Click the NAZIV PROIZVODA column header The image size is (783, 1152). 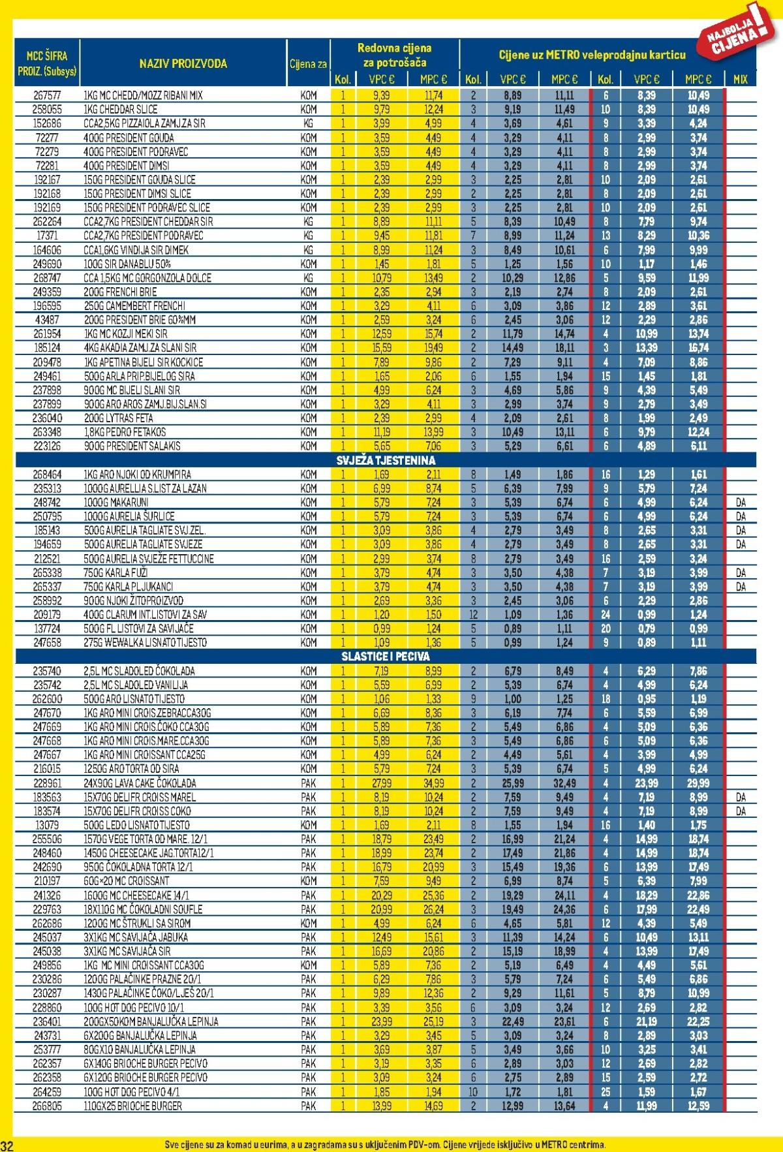(183, 63)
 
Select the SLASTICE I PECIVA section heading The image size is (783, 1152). (385, 657)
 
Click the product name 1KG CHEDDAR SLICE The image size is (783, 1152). (120, 110)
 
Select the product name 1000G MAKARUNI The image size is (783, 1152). (115, 503)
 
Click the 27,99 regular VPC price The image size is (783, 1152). (382, 783)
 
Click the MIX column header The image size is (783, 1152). (740, 79)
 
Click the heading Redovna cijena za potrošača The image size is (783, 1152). (394, 55)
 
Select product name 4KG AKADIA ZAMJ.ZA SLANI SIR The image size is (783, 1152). (140, 348)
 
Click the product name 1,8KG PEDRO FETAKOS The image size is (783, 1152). (124, 432)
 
